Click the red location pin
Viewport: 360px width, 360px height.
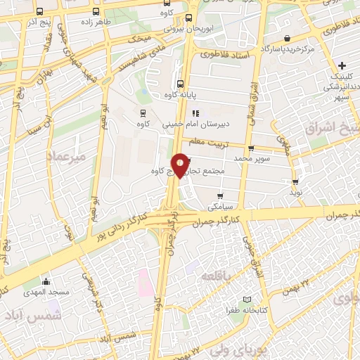coord(181,165)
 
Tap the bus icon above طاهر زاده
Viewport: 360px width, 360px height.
coord(96,12)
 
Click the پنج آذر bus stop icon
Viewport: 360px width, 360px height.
coord(39,12)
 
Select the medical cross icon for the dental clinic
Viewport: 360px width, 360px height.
coord(342,65)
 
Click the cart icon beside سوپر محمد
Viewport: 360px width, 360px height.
coord(251,148)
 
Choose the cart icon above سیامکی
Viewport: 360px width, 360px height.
coord(220,196)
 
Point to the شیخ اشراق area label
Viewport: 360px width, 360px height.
coord(332,129)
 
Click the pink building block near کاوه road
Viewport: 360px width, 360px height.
coord(144,281)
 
